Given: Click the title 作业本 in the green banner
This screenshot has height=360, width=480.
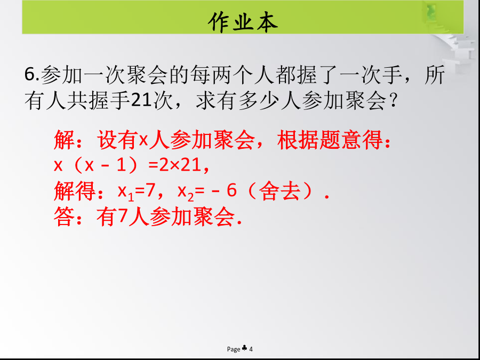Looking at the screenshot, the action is pyautogui.click(x=243, y=22).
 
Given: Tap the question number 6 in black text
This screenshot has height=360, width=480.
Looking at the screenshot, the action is pyautogui.click(x=30, y=74).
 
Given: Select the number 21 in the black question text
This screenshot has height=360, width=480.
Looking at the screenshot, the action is pyautogui.click(x=141, y=100).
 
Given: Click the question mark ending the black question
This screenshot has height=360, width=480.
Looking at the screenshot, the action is pyautogui.click(x=393, y=101).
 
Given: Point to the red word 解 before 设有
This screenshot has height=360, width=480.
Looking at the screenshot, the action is pyautogui.click(x=64, y=140).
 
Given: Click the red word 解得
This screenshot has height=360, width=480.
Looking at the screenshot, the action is pyautogui.click(x=75, y=191).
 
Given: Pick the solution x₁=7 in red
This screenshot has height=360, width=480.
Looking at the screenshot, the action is pyautogui.click(x=135, y=191).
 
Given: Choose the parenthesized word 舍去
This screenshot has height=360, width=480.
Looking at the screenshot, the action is pyautogui.click(x=279, y=191).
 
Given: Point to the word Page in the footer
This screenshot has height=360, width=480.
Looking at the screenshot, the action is pyautogui.click(x=234, y=349).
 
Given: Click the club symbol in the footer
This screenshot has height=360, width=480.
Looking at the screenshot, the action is pyautogui.click(x=244, y=348).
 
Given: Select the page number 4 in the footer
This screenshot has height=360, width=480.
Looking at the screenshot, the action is pyautogui.click(x=251, y=349).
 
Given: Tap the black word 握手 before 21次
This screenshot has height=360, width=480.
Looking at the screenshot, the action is pyautogui.click(x=109, y=100).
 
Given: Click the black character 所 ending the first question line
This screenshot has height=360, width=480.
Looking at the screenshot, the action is pyautogui.click(x=435, y=75).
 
